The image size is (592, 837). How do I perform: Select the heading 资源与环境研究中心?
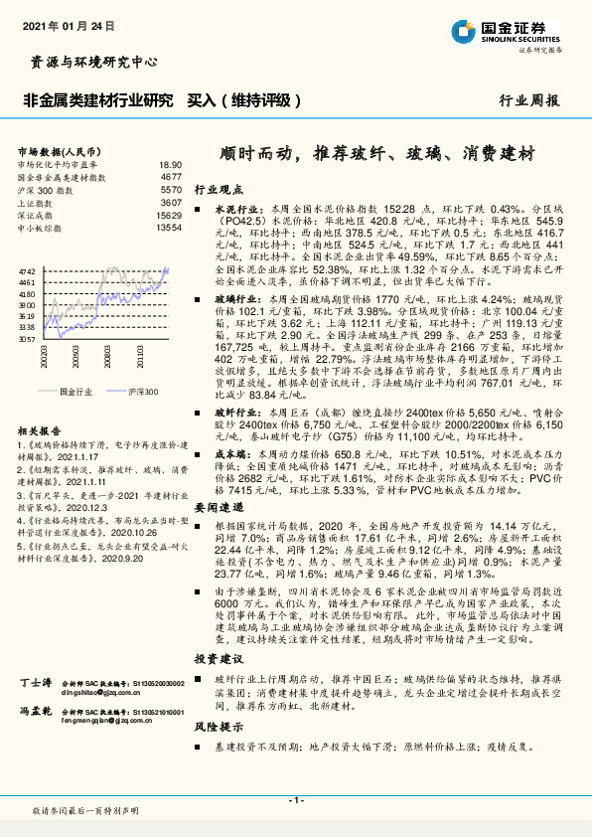click(x=88, y=62)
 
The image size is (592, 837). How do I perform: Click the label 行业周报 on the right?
click(x=528, y=100)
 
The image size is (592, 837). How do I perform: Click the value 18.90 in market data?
click(x=170, y=163)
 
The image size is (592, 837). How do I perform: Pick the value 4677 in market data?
click(x=170, y=176)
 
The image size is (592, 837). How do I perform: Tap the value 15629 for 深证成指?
click(x=168, y=215)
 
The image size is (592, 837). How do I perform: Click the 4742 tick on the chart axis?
click(x=27, y=270)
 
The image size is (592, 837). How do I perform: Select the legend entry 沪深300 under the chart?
click(x=144, y=392)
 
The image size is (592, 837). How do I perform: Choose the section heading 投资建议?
click(x=217, y=658)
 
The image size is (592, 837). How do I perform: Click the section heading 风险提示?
click(x=217, y=727)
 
